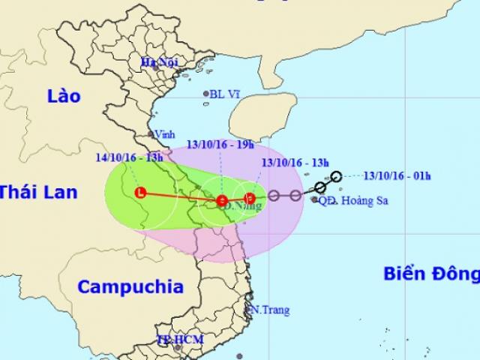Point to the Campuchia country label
point(130,286)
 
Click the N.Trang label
point(268,309)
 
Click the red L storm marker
point(139,192)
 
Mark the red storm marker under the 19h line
point(222,200)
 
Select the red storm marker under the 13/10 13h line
point(250,199)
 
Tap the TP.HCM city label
point(172,338)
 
